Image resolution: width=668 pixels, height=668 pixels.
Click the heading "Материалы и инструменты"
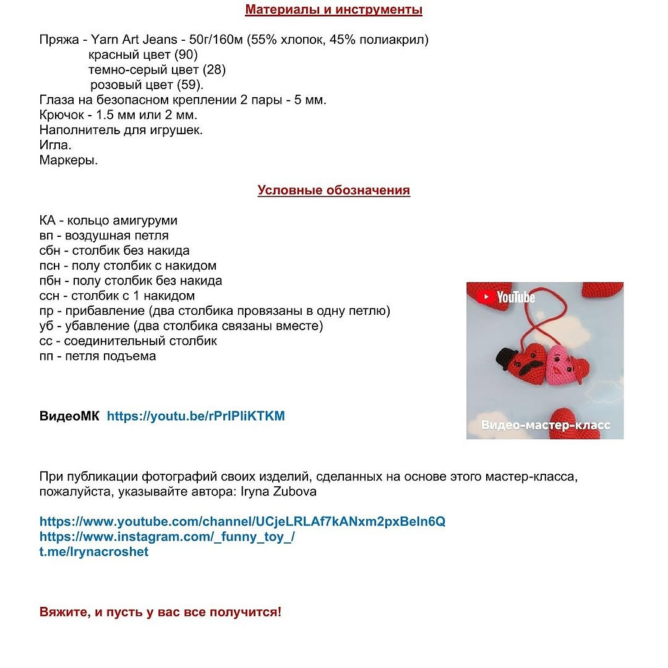click(334, 10)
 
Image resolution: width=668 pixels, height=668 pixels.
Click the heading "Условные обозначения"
click(334, 191)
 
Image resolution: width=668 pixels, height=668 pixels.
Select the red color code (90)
click(186, 55)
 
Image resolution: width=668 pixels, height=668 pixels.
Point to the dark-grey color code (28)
click(214, 70)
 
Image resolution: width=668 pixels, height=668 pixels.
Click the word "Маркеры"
click(69, 160)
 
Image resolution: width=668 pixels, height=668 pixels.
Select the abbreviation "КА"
click(48, 221)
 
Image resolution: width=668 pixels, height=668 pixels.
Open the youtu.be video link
click(195, 416)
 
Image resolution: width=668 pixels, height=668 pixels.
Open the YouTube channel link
click(242, 521)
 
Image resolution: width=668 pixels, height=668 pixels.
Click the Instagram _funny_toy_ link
click(167, 537)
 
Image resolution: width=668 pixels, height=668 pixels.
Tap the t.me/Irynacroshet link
click(94, 552)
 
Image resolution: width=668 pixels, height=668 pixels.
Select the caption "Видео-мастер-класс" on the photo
click(546, 426)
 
